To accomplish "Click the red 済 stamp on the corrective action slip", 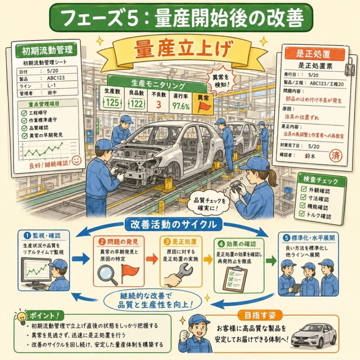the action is [x=335, y=156].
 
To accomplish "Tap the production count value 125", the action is [x=112, y=102].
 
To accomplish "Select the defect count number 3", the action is [x=159, y=104].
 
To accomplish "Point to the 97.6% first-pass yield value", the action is [x=181, y=106].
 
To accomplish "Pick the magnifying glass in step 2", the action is [x=107, y=275].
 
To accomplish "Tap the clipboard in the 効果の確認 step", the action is [x=235, y=279].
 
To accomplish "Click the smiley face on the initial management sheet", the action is [x=76, y=160].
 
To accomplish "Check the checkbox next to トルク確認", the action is [x=301, y=213].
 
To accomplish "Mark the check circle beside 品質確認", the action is [x=24, y=128].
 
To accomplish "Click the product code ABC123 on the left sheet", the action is [x=56, y=78].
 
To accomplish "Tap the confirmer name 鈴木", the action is [x=310, y=156].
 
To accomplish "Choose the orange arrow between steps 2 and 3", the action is [x=152, y=259].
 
